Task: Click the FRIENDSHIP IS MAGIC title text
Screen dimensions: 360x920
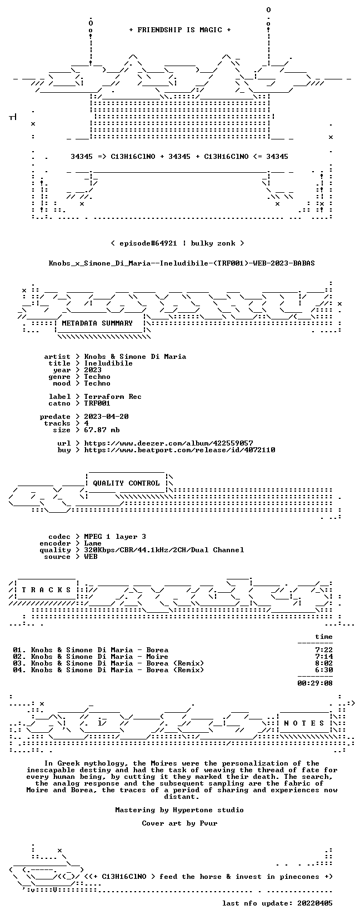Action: click(180, 30)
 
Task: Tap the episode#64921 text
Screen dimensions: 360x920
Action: click(148, 243)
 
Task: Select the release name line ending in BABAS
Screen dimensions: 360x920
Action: click(182, 263)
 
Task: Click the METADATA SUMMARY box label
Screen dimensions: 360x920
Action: click(97, 323)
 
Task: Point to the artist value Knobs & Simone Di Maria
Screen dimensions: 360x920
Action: click(135, 357)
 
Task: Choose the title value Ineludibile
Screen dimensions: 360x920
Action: click(108, 363)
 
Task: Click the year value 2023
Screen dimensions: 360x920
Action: click(93, 369)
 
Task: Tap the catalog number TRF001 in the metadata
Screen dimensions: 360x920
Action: click(97, 403)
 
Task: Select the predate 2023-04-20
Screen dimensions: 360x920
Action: click(106, 417)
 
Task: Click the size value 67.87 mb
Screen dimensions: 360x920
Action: click(102, 430)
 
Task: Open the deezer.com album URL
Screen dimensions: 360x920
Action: click(169, 443)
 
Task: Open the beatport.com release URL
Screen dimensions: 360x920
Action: click(180, 450)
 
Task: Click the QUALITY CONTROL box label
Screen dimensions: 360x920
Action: click(126, 483)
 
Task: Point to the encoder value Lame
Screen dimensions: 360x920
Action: click(93, 543)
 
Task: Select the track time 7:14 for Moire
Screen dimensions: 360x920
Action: click(324, 656)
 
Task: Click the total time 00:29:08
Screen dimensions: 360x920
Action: click(315, 683)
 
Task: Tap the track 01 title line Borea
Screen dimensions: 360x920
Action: click(91, 650)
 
